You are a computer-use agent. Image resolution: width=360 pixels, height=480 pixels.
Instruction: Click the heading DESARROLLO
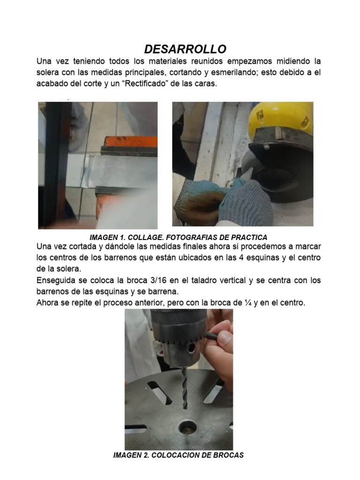tap(185, 49)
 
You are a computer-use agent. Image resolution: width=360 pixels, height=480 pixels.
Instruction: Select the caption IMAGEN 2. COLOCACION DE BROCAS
tap(179, 455)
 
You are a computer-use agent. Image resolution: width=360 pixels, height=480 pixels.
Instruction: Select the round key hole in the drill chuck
tap(192, 348)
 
